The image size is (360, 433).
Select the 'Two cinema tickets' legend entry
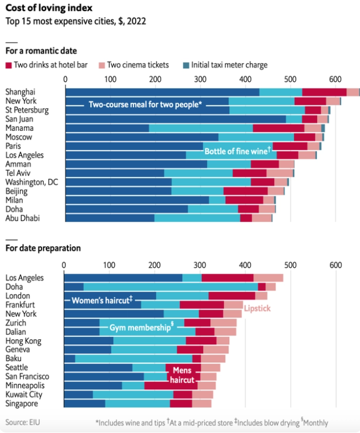click(133, 65)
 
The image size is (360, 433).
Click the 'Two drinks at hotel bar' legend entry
click(50, 65)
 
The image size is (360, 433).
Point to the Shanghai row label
click(20, 92)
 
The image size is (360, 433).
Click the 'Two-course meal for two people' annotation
click(146, 105)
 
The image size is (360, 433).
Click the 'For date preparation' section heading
click(43, 248)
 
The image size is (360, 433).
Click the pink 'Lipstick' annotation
click(257, 308)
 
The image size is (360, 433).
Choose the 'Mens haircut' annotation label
click(182, 375)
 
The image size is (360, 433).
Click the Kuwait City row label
click(24, 394)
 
